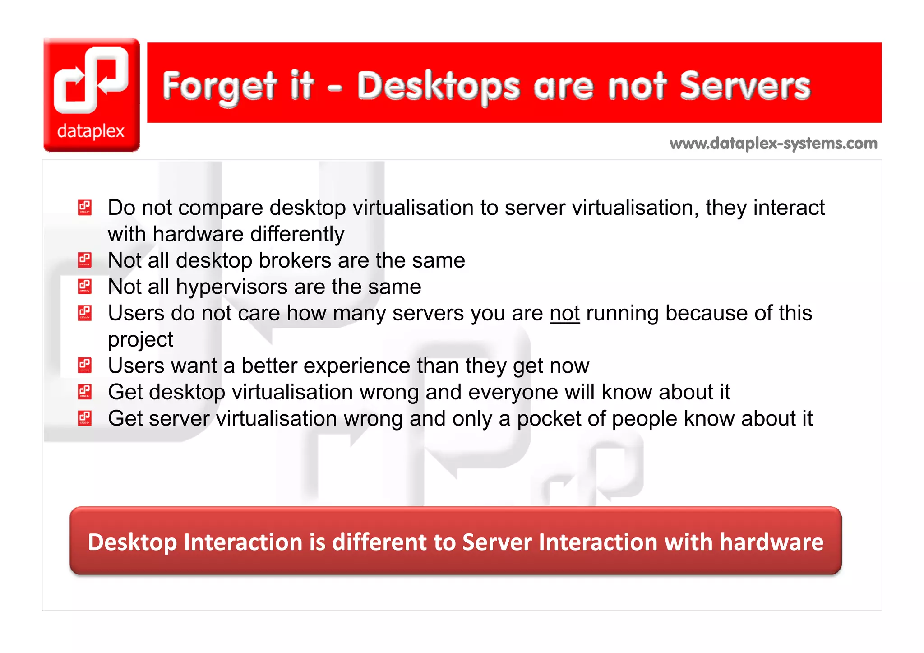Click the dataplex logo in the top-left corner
(92, 95)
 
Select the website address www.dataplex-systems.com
(773, 144)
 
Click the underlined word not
(564, 313)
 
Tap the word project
(140, 340)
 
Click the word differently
(297, 234)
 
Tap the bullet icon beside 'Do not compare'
(85, 208)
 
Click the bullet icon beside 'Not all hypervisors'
(85, 287)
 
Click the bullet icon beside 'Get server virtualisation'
(85, 418)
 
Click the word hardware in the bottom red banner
(771, 542)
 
